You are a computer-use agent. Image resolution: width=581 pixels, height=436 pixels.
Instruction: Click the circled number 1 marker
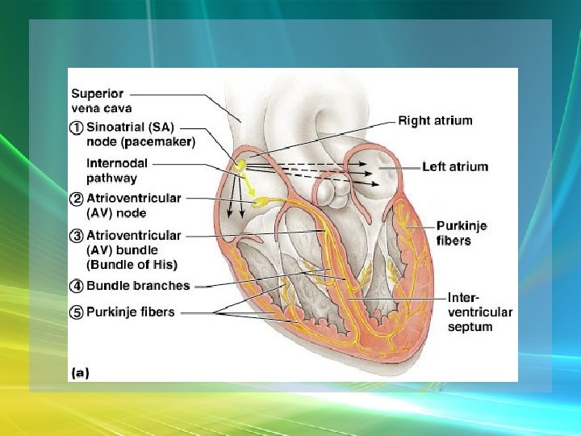(76, 128)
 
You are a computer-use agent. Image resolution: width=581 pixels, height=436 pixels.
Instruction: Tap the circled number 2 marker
(76, 199)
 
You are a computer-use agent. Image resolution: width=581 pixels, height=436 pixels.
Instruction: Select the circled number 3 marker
(76, 237)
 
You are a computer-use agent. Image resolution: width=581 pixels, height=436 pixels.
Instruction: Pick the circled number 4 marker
(76, 286)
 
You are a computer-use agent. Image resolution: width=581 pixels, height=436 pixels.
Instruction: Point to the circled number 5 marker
(76, 312)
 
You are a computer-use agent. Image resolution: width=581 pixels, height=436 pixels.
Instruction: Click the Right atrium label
(436, 121)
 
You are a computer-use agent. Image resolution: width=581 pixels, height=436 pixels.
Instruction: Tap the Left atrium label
(455, 167)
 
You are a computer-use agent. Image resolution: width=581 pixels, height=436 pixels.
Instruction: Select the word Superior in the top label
(98, 94)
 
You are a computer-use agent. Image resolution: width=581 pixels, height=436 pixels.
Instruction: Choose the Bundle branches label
(138, 286)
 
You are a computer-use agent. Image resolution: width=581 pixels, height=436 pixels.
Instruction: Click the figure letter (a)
(81, 372)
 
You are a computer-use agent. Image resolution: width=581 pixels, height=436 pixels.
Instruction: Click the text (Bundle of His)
(132, 264)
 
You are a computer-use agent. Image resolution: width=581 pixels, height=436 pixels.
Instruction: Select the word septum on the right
(470, 327)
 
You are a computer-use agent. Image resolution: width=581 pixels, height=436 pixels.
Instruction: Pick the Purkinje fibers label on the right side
(462, 233)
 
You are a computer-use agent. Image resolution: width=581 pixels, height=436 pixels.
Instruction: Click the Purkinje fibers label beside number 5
(130, 312)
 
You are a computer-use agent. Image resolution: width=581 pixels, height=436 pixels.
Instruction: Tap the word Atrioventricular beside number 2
(133, 199)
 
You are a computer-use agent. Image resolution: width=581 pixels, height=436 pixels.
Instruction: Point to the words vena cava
(102, 107)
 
